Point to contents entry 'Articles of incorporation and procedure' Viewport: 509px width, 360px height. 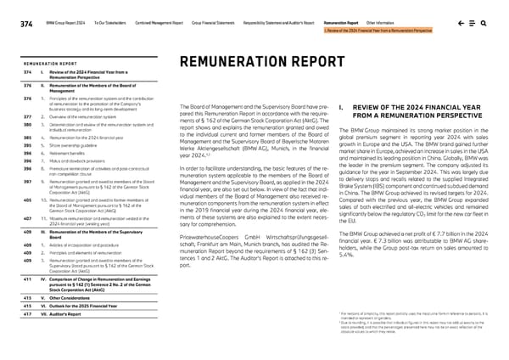pos(78,221)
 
